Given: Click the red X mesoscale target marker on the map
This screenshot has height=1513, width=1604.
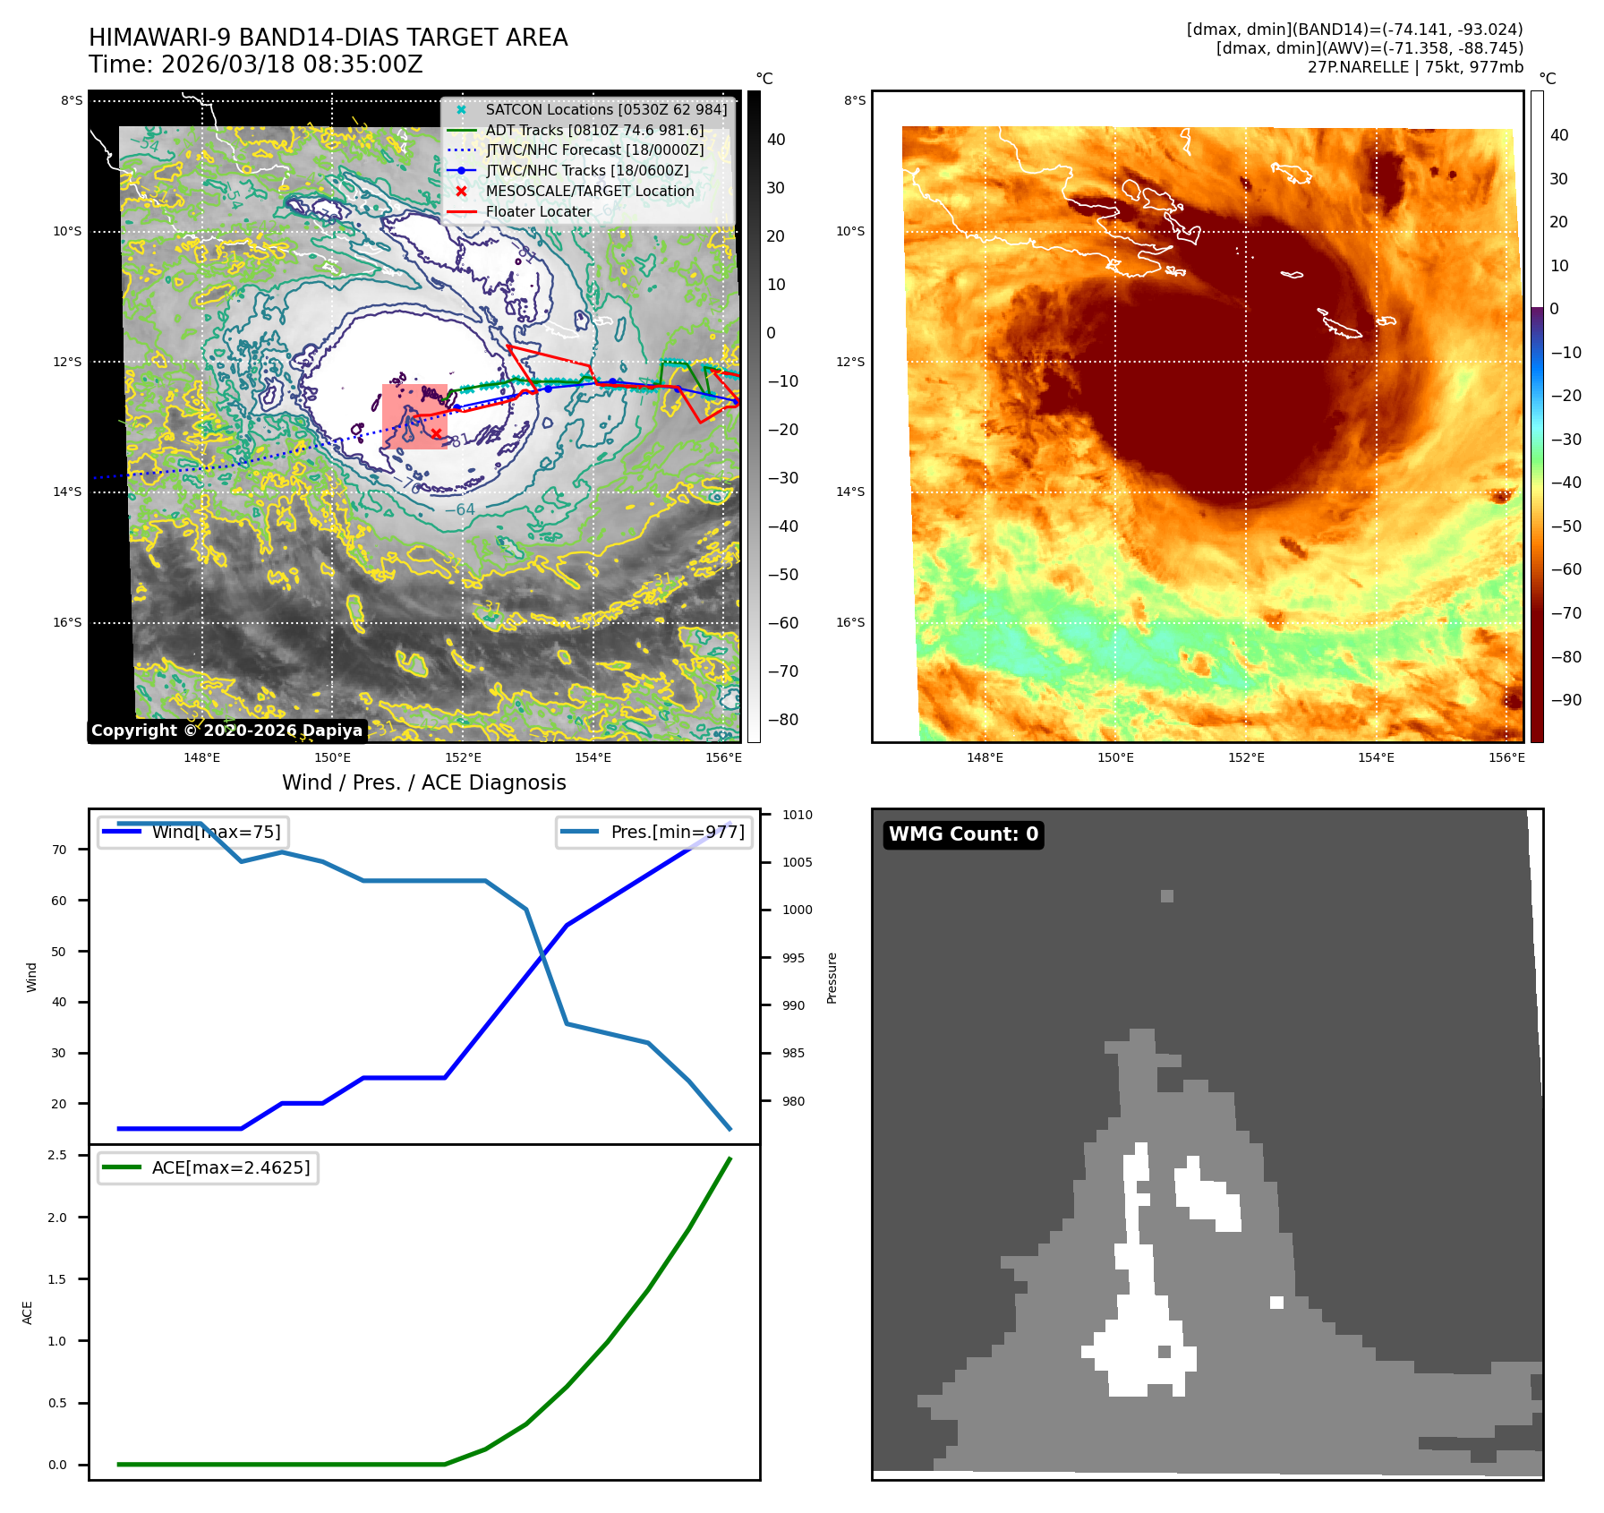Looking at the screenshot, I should click(x=436, y=434).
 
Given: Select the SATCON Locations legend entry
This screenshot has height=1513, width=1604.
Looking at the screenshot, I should click(x=606, y=109).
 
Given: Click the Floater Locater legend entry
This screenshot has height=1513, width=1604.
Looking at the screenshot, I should click(x=538, y=211).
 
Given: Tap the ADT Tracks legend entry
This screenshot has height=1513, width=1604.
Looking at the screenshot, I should click(x=594, y=130).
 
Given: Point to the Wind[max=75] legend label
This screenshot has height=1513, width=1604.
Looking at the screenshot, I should click(x=216, y=832).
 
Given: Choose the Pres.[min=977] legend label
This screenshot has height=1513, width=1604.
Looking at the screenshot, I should click(x=677, y=832).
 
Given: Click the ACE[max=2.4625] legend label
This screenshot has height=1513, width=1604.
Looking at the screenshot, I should click(x=231, y=1167).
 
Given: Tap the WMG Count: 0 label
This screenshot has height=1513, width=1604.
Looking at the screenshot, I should click(x=963, y=834).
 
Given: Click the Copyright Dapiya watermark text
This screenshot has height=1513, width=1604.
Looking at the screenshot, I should click(x=226, y=731).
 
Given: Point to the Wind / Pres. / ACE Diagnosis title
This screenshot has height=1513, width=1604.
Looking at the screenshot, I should click(x=423, y=782).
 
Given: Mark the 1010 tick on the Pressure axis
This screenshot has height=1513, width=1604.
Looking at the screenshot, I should click(x=797, y=815).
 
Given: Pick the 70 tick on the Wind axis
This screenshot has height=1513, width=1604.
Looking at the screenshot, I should click(x=59, y=850).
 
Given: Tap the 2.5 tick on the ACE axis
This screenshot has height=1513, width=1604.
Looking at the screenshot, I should click(x=57, y=1155).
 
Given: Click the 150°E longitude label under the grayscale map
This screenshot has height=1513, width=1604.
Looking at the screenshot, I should click(x=332, y=757).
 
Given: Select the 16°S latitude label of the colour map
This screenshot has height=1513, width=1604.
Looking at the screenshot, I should click(x=850, y=622).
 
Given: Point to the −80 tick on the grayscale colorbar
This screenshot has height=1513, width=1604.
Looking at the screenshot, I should click(x=782, y=720).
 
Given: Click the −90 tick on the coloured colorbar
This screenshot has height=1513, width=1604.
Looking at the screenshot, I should click(x=1566, y=700).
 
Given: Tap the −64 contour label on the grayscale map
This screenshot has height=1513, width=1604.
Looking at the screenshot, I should click(x=460, y=509).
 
